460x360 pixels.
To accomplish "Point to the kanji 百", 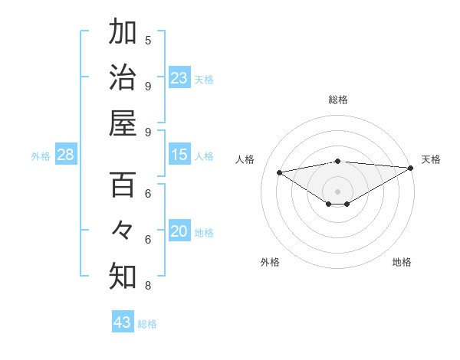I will pos(123,185).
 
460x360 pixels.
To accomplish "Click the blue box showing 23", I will pos(179,78).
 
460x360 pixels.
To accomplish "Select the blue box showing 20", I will pos(179,232).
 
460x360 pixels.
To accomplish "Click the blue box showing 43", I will pos(123,322).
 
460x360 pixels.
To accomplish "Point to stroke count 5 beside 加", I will pos(148,40).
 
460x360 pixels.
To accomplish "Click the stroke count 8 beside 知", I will pos(148,286).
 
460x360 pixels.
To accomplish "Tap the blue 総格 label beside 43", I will pos(147,323).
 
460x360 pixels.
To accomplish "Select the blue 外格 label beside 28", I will pos(41,156).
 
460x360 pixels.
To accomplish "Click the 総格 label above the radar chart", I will pos(337,100).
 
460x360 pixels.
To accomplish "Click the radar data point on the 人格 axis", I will pos(279,172).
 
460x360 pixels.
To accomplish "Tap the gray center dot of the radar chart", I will pos(337,191).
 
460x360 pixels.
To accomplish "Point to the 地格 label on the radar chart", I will pos(402,262).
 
